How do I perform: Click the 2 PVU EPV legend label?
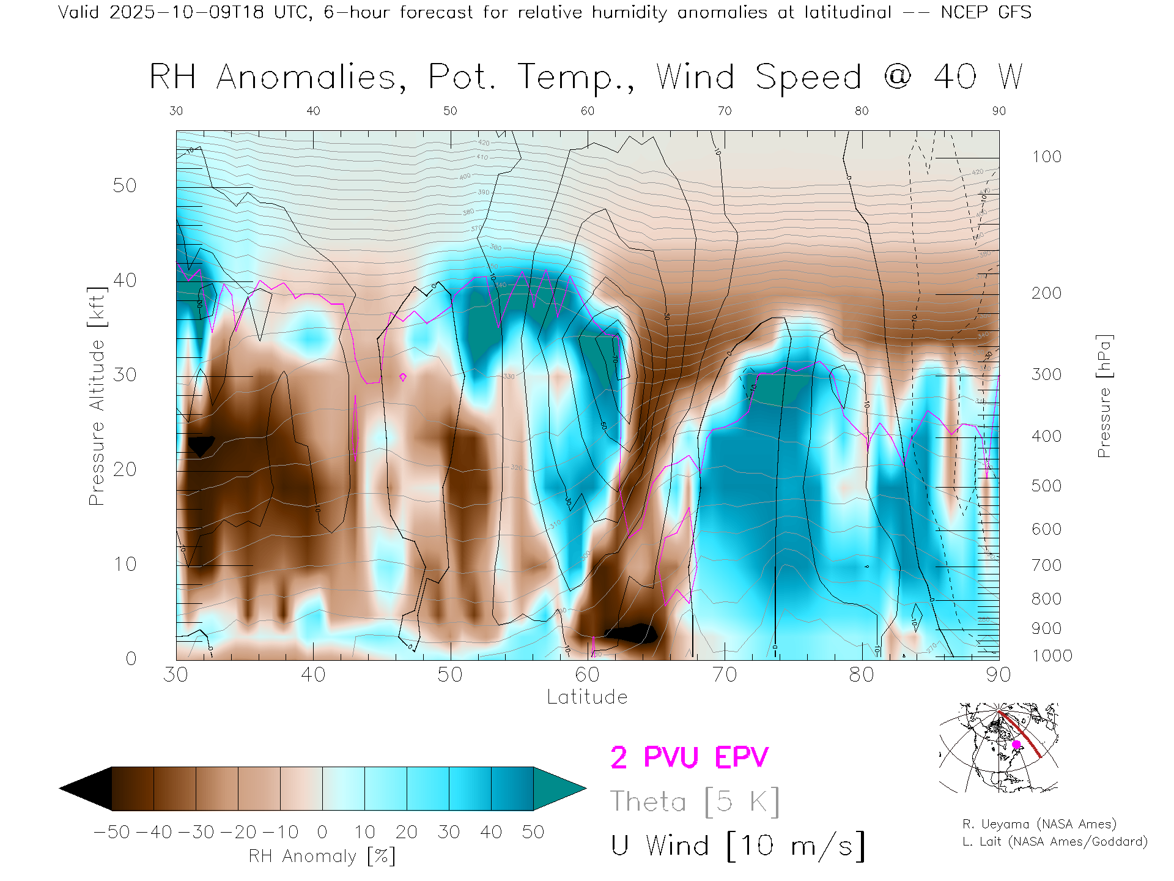tap(689, 757)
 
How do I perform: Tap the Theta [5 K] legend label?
tap(695, 801)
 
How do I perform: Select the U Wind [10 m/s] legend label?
tap(737, 846)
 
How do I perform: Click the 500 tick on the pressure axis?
tap(1046, 486)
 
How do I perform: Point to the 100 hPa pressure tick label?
tap(1046, 157)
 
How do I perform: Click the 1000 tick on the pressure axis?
tap(1052, 656)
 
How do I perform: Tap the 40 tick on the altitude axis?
tap(125, 280)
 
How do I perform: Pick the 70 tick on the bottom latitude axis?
tap(724, 675)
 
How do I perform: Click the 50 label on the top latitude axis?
tap(450, 111)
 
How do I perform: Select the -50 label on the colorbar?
tap(112, 832)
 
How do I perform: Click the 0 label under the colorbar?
tap(322, 832)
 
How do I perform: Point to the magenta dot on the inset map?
tap(1016, 745)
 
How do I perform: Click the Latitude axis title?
tap(587, 697)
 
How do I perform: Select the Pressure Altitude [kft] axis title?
tap(97, 396)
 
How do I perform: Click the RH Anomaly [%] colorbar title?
tap(322, 856)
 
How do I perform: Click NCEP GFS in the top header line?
tap(986, 12)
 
